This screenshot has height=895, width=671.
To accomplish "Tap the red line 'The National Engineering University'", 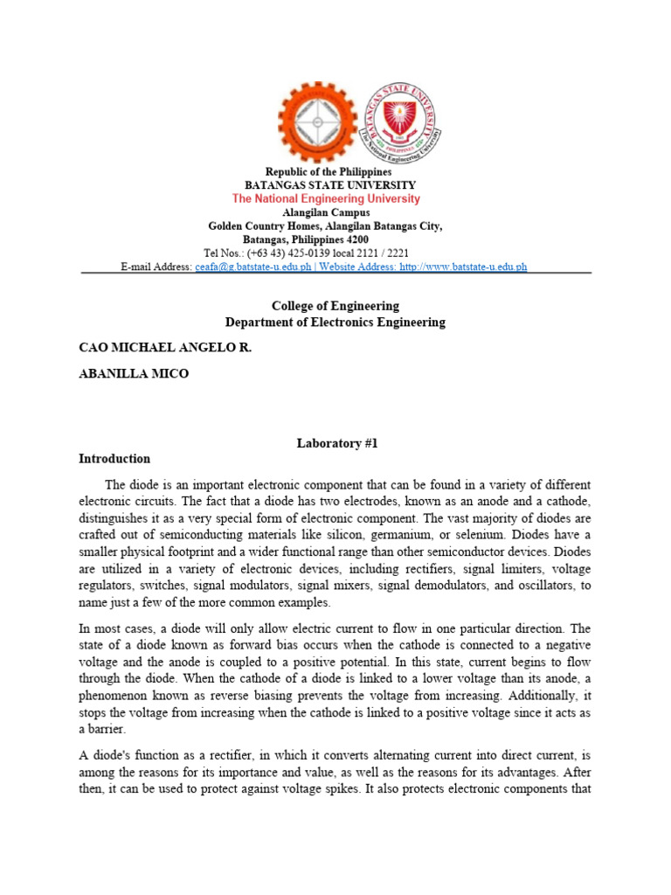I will (x=326, y=199).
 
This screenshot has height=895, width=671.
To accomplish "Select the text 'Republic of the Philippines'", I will (x=329, y=172).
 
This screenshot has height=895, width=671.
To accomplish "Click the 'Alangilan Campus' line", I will (x=326, y=212).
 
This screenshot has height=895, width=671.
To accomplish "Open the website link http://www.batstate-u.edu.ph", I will (x=463, y=267).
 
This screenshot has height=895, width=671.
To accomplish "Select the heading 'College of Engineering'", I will (x=335, y=306).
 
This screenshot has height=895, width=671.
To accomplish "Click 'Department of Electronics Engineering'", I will (x=335, y=322).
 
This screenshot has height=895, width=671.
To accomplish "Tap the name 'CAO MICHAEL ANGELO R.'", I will (x=165, y=348).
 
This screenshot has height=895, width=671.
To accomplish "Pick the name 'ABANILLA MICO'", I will (x=134, y=374).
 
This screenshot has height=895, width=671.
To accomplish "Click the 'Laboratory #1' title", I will (x=335, y=444).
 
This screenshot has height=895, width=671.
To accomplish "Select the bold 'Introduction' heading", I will (x=114, y=458).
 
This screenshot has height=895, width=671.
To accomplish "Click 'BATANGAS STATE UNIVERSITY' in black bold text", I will (x=329, y=185).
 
